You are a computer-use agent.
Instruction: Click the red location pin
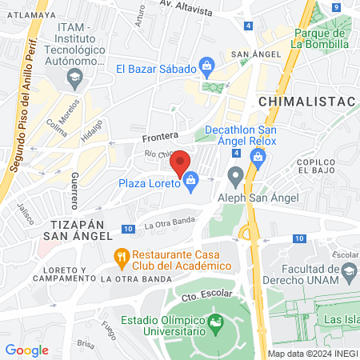(x=181, y=164)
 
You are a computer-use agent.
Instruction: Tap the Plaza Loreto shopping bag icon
(x=191, y=182)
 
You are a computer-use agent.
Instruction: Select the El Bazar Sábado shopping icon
(x=206, y=66)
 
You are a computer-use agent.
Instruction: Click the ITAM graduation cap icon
(x=75, y=77)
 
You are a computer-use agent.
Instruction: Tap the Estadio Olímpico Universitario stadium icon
(x=215, y=323)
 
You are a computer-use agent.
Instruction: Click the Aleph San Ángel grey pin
(x=235, y=174)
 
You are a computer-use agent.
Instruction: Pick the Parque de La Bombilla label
(x=319, y=38)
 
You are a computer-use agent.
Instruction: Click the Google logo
(x=26, y=350)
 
